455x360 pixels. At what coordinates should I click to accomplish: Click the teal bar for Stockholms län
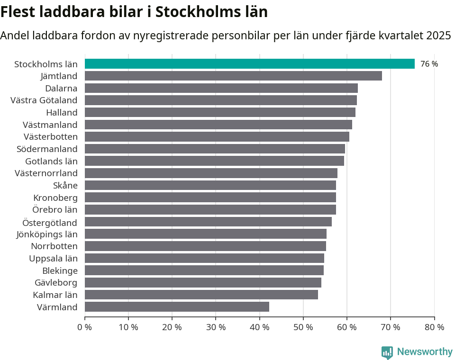point(249,63)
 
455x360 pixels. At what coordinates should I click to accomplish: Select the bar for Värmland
point(177,307)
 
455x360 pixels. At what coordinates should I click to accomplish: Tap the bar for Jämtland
point(233,76)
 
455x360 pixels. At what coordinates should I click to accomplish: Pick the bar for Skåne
point(210,185)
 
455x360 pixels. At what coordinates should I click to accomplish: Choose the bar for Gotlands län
point(214,161)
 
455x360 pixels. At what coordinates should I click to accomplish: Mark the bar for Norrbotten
point(205,246)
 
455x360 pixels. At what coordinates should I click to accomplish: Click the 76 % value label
point(429,64)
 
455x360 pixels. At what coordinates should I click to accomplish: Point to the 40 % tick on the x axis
point(259,327)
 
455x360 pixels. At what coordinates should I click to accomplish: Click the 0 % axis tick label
point(84,327)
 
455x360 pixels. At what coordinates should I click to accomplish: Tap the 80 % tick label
point(434,327)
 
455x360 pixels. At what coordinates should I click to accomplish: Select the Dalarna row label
point(61,88)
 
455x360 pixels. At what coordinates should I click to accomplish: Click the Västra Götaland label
point(44,100)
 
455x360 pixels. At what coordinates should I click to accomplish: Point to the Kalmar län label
point(55,295)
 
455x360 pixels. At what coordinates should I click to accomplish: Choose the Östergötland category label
point(50,222)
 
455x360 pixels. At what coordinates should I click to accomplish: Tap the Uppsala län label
point(53,258)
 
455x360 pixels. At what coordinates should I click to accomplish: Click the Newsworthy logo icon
point(387,352)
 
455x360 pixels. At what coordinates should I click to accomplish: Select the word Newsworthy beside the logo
point(425,351)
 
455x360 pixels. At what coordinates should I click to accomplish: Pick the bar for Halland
point(220,112)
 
